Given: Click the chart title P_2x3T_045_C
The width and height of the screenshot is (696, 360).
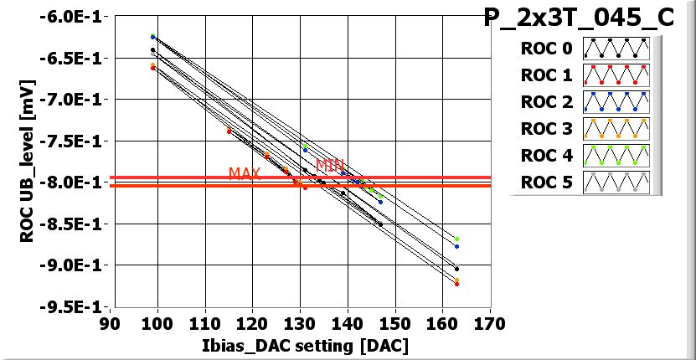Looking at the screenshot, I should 579,18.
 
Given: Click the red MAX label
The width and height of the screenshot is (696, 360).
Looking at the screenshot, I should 245,173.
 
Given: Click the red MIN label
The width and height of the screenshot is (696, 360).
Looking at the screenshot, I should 329,164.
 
